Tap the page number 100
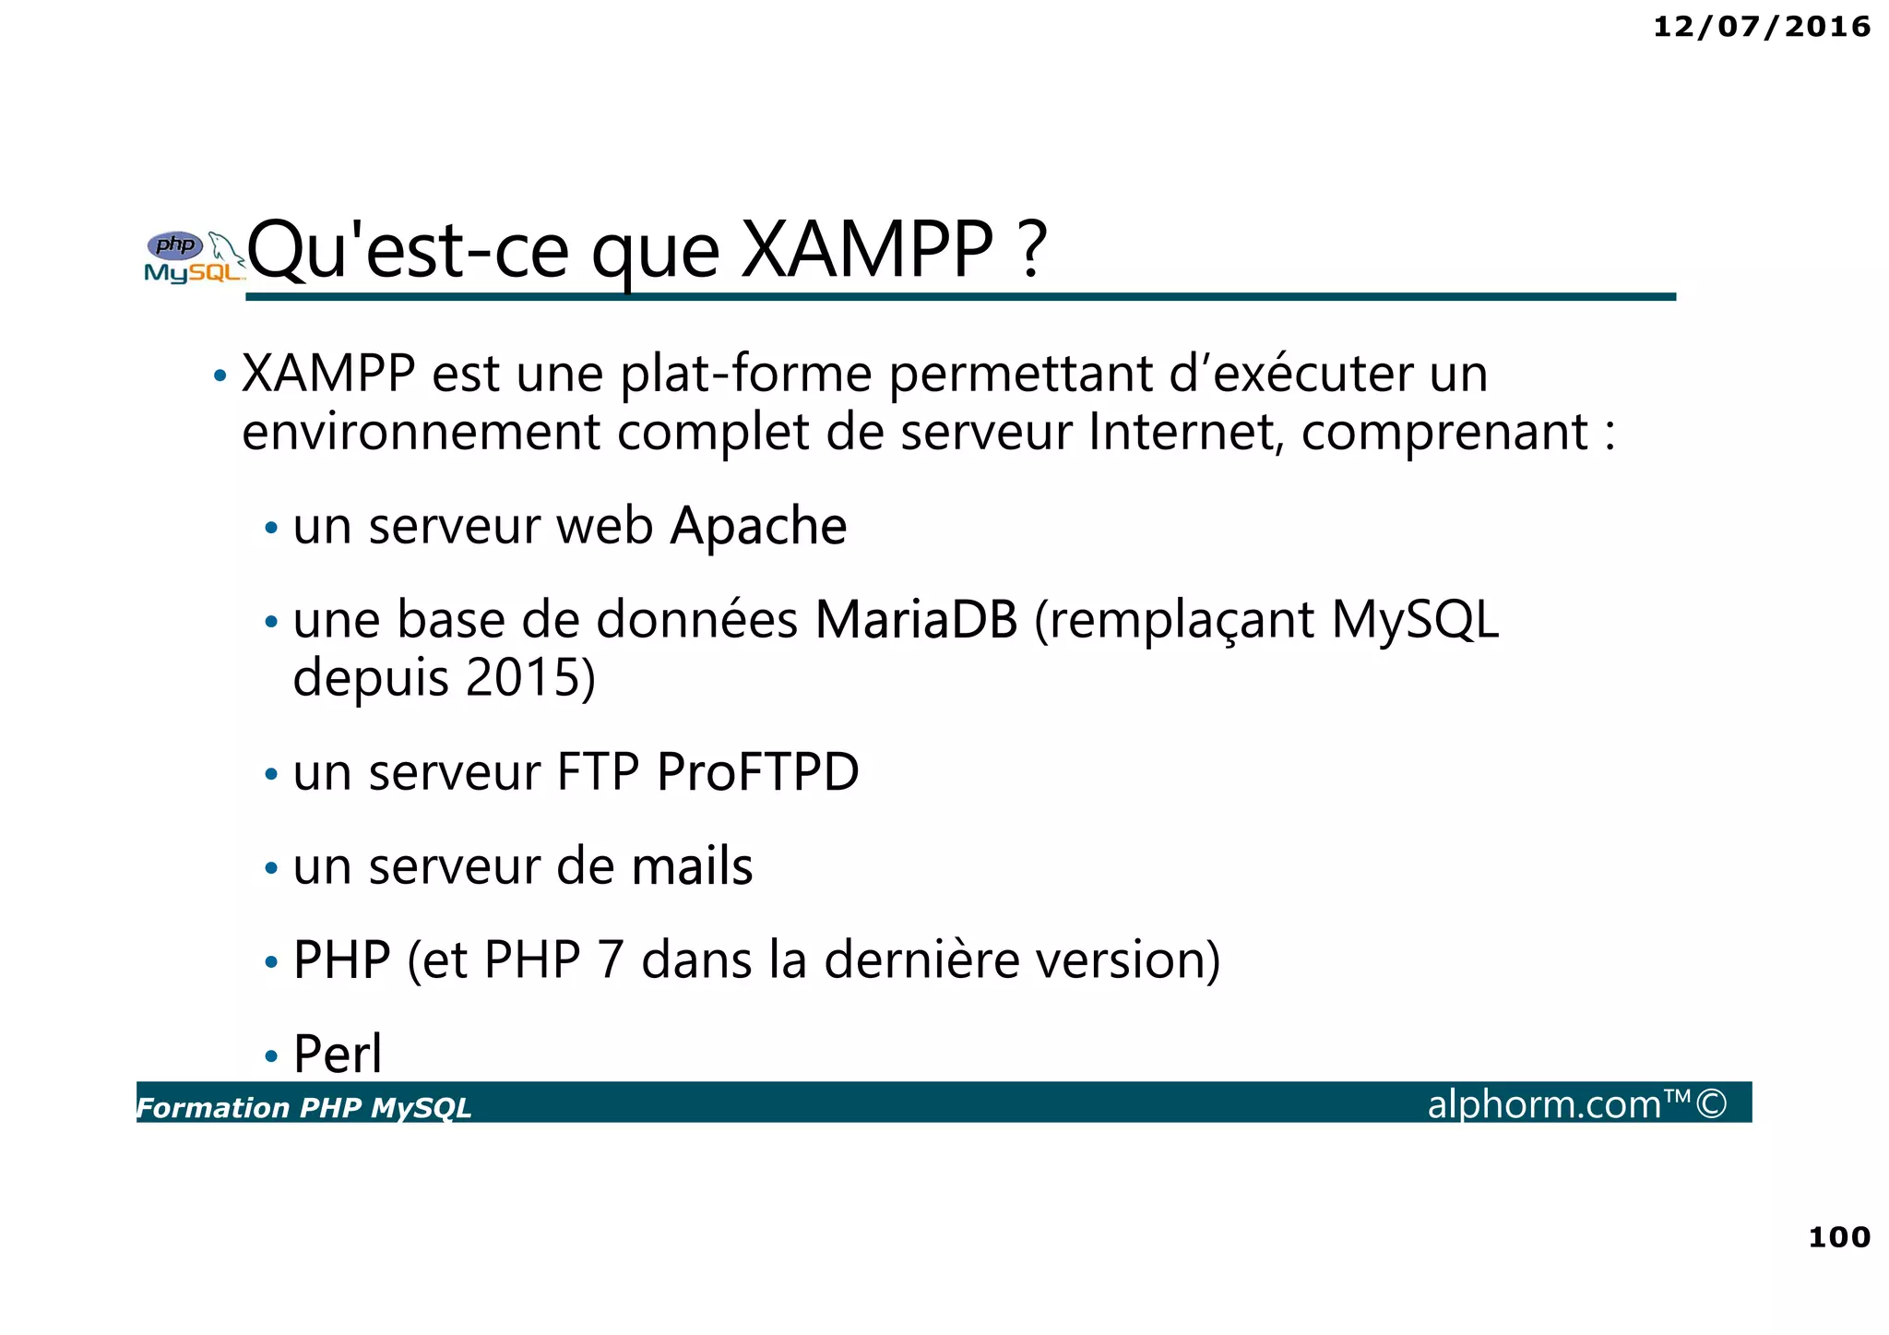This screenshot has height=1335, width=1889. coord(1838,1237)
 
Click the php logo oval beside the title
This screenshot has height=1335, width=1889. coord(175,245)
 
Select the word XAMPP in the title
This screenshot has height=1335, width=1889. coord(868,250)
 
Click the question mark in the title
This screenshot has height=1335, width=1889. coord(1034,250)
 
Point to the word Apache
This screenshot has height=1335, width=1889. coord(758,527)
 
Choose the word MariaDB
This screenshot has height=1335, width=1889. coord(916,620)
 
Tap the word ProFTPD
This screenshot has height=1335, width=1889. coord(757,772)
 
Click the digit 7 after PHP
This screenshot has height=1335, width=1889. coord(611,960)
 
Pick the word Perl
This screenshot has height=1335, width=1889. coord(337,1054)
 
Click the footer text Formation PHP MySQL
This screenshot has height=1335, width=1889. coord(303,1107)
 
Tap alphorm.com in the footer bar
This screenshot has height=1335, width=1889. coord(1544,1104)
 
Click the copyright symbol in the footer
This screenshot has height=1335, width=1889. coord(1711,1104)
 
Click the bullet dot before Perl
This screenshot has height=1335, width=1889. coord(270,1055)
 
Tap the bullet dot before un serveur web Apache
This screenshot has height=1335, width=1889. coord(270,529)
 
